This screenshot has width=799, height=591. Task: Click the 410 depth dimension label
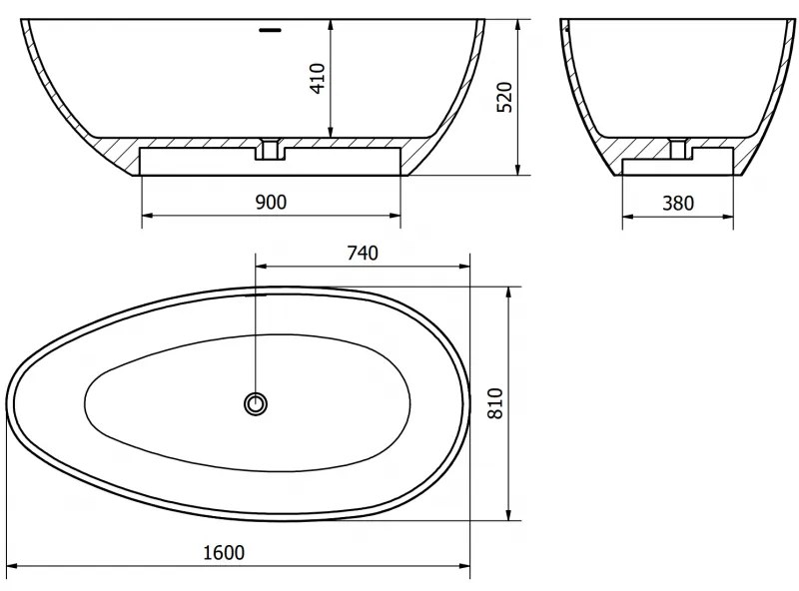click(318, 79)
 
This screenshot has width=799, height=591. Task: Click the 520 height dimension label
click(504, 97)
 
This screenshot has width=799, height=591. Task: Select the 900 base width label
click(271, 203)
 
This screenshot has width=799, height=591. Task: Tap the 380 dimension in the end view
click(678, 204)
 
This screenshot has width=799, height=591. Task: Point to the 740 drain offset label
click(363, 253)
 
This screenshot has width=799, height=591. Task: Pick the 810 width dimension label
click(495, 403)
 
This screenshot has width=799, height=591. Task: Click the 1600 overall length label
click(224, 552)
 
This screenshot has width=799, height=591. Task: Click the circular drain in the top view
click(256, 404)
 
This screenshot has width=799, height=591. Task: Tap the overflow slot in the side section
click(270, 30)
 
